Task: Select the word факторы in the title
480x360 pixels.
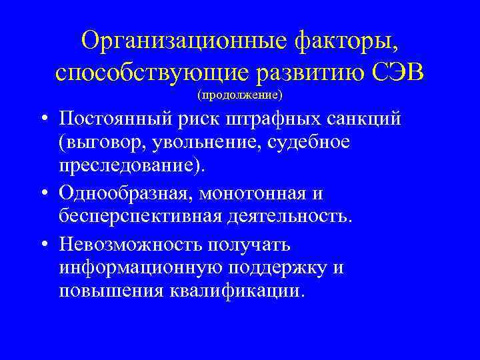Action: [346, 41]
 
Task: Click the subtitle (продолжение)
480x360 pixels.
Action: [240, 95]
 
